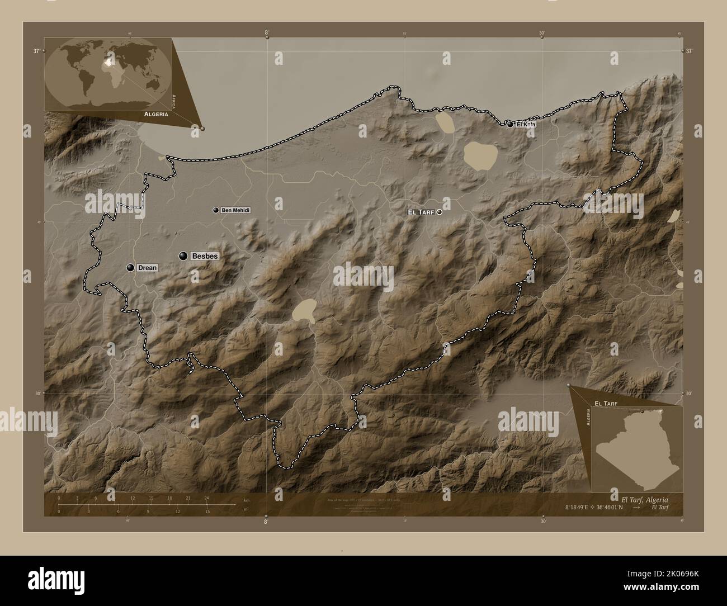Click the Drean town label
pos(147,268)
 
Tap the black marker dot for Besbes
pos(183,256)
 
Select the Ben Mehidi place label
pos(235,210)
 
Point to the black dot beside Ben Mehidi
pos(215,210)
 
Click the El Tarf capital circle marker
pos(440,212)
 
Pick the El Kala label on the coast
pos(525,125)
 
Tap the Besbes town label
pos(204,256)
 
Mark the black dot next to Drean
pos(130,268)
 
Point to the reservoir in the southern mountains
pos(305,311)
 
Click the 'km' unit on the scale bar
pos(247,500)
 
